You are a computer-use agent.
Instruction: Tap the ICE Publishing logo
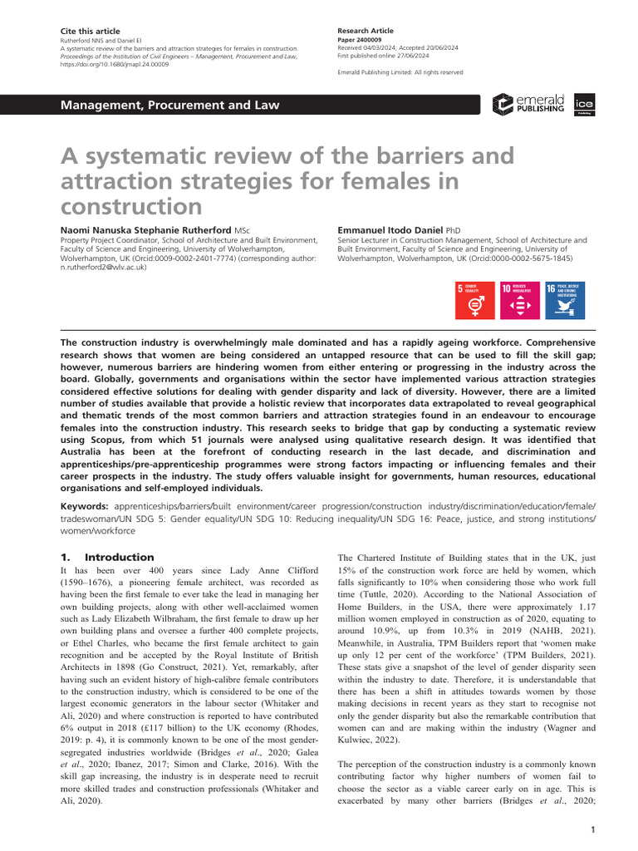pyautogui.click(x=584, y=104)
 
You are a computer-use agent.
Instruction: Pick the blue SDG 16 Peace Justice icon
pyautogui.click(x=562, y=300)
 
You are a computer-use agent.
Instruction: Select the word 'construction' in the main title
pyautogui.click(x=133, y=205)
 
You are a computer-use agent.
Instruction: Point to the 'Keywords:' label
pyautogui.click(x=86, y=506)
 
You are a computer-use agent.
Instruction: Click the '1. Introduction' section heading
pyautogui.click(x=108, y=557)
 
